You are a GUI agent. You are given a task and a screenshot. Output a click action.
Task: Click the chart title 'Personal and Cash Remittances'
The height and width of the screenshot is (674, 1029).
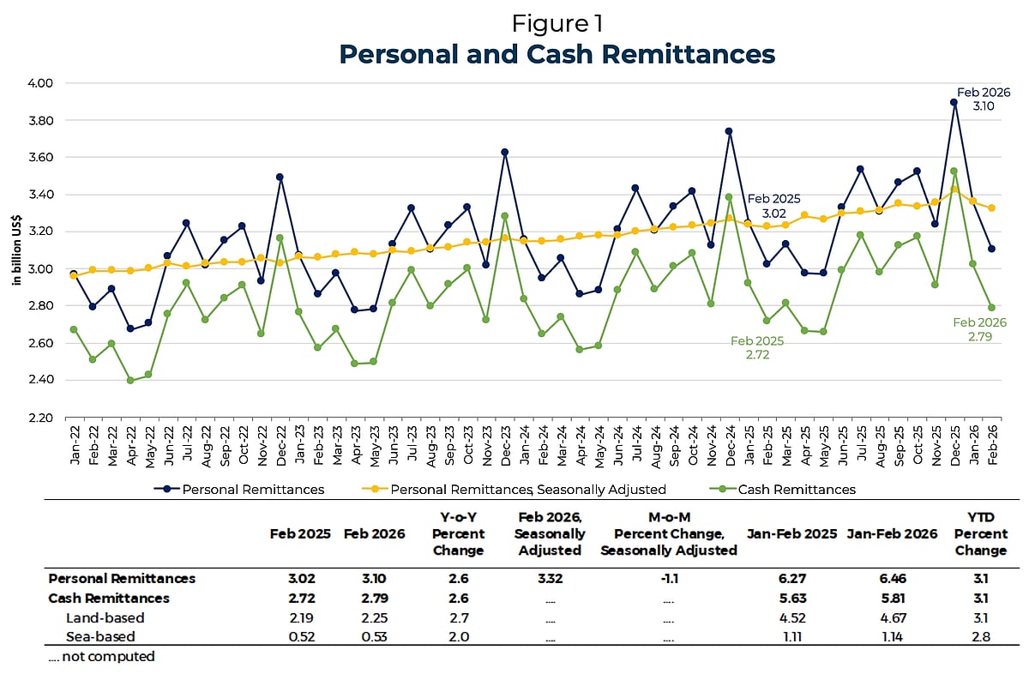click(x=557, y=54)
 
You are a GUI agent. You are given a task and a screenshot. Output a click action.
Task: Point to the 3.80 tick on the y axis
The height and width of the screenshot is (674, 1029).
click(x=39, y=121)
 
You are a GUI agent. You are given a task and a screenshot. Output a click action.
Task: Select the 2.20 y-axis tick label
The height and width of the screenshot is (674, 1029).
click(x=39, y=418)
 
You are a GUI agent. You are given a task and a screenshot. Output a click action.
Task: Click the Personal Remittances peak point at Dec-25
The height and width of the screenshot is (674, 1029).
click(x=954, y=102)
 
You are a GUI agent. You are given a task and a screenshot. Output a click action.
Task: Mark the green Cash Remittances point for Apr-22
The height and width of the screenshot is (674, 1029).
click(x=130, y=380)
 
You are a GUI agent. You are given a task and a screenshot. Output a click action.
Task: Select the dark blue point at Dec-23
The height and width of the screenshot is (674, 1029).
click(x=505, y=153)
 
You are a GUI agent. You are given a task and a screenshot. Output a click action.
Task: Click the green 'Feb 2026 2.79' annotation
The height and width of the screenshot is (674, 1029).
click(x=979, y=330)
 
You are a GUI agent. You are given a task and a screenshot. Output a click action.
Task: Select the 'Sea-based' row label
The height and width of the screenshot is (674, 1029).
click(x=100, y=636)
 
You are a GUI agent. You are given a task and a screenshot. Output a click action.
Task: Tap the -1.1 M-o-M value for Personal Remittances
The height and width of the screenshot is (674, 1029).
click(x=668, y=579)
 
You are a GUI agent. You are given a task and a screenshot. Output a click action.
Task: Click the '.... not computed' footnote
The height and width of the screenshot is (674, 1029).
click(x=101, y=656)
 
